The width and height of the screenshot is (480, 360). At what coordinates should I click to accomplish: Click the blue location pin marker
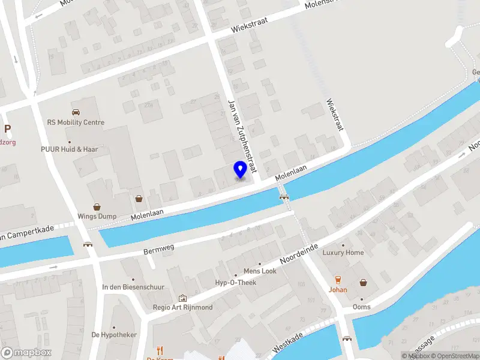pos(240,170)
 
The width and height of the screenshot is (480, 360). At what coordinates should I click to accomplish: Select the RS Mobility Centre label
pos(76,122)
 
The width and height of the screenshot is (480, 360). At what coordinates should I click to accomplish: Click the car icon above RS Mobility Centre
pos(76,112)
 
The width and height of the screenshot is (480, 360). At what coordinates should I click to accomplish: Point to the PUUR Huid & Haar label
pos(69,149)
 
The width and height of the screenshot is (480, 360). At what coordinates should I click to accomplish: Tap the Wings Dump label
pos(95,217)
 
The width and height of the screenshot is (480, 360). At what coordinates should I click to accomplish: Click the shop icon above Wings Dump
pos(95,206)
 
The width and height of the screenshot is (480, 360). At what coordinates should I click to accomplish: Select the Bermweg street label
pos(158,248)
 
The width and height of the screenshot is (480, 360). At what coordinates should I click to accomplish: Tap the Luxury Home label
pos(343,253)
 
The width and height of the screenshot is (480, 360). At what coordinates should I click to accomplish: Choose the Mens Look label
pos(260,271)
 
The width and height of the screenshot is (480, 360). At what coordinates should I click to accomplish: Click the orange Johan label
pos(338,289)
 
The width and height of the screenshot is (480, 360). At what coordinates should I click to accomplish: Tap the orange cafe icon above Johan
pos(338,280)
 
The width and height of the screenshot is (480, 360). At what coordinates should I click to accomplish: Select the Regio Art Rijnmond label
pos(183,307)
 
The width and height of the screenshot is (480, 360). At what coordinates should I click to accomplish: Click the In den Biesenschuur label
pos(133,287)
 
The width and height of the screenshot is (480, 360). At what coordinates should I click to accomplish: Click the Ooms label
pos(361,307)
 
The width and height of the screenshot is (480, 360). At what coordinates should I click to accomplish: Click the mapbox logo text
pos(26,352)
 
